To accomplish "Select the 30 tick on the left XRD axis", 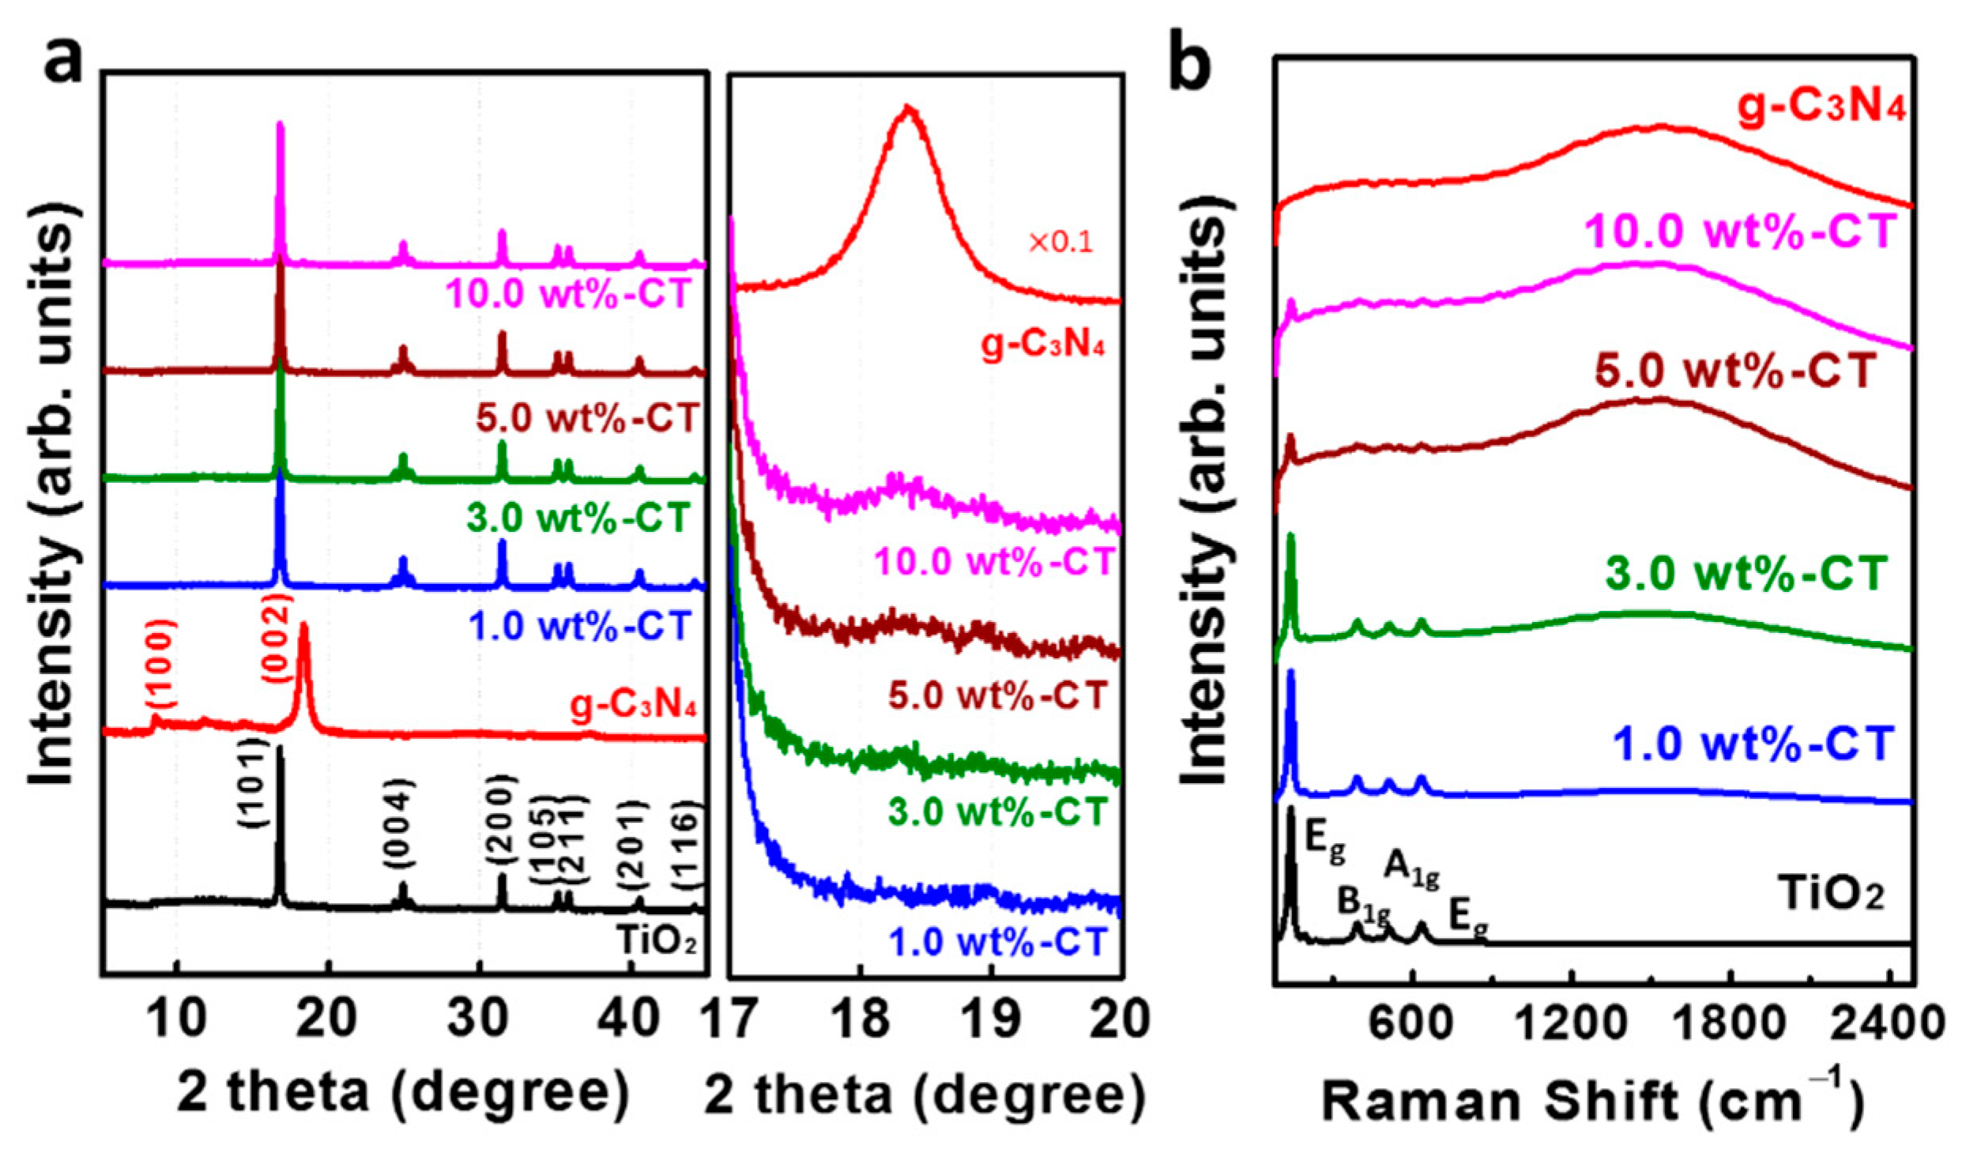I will tap(477, 1017).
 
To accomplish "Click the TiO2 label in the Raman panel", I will tap(1832, 896).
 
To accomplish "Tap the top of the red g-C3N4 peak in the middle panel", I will tap(909, 108).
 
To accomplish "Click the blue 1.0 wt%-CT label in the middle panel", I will tap(998, 942).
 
